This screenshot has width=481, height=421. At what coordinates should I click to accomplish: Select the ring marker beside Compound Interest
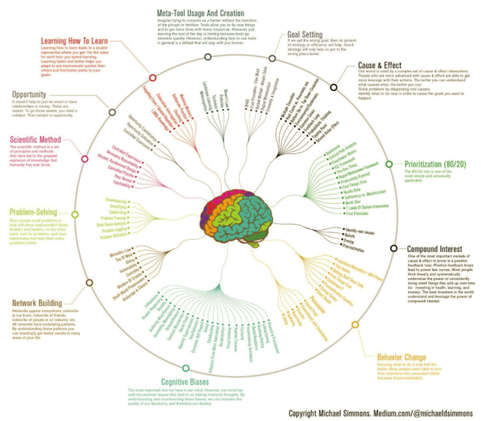pos(394,247)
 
